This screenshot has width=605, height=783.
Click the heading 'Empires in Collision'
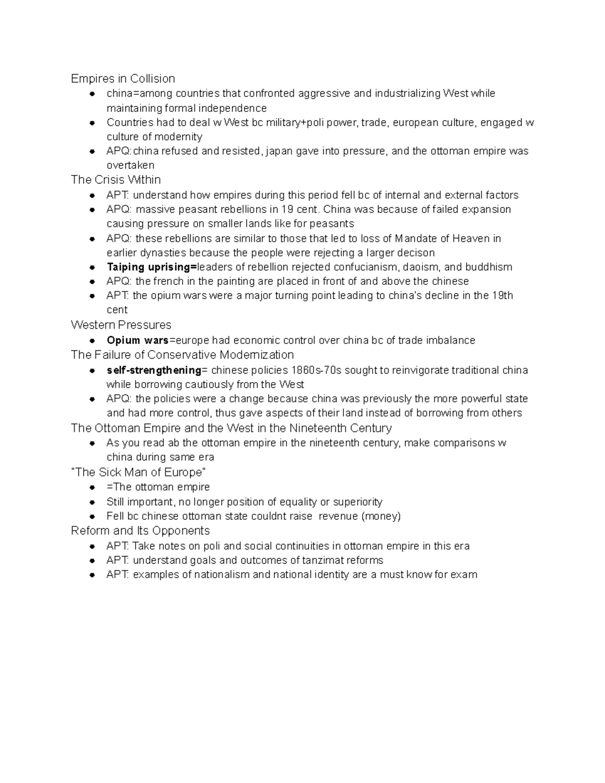point(123,79)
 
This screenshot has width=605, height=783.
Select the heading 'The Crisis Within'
point(116,180)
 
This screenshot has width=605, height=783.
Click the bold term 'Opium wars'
point(138,340)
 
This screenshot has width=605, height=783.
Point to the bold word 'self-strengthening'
point(154,370)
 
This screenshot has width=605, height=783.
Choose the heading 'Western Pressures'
point(121,325)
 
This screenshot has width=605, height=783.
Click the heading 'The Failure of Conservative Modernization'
point(183,355)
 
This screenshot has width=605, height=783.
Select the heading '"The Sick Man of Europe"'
point(139,472)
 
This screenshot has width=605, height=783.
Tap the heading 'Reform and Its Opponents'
point(140,531)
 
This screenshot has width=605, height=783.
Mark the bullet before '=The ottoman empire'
point(92,488)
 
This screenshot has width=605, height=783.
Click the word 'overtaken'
point(131,165)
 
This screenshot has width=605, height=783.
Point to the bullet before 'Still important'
point(92,502)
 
